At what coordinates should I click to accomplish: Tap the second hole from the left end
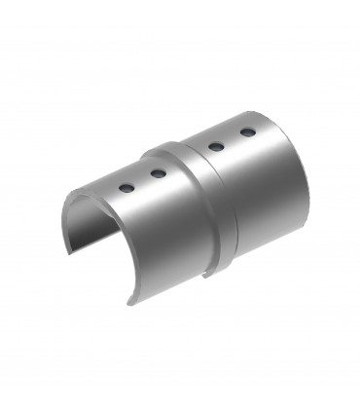[157, 174]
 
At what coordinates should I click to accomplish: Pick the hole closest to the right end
[247, 131]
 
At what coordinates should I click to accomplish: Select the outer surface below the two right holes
[258, 195]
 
